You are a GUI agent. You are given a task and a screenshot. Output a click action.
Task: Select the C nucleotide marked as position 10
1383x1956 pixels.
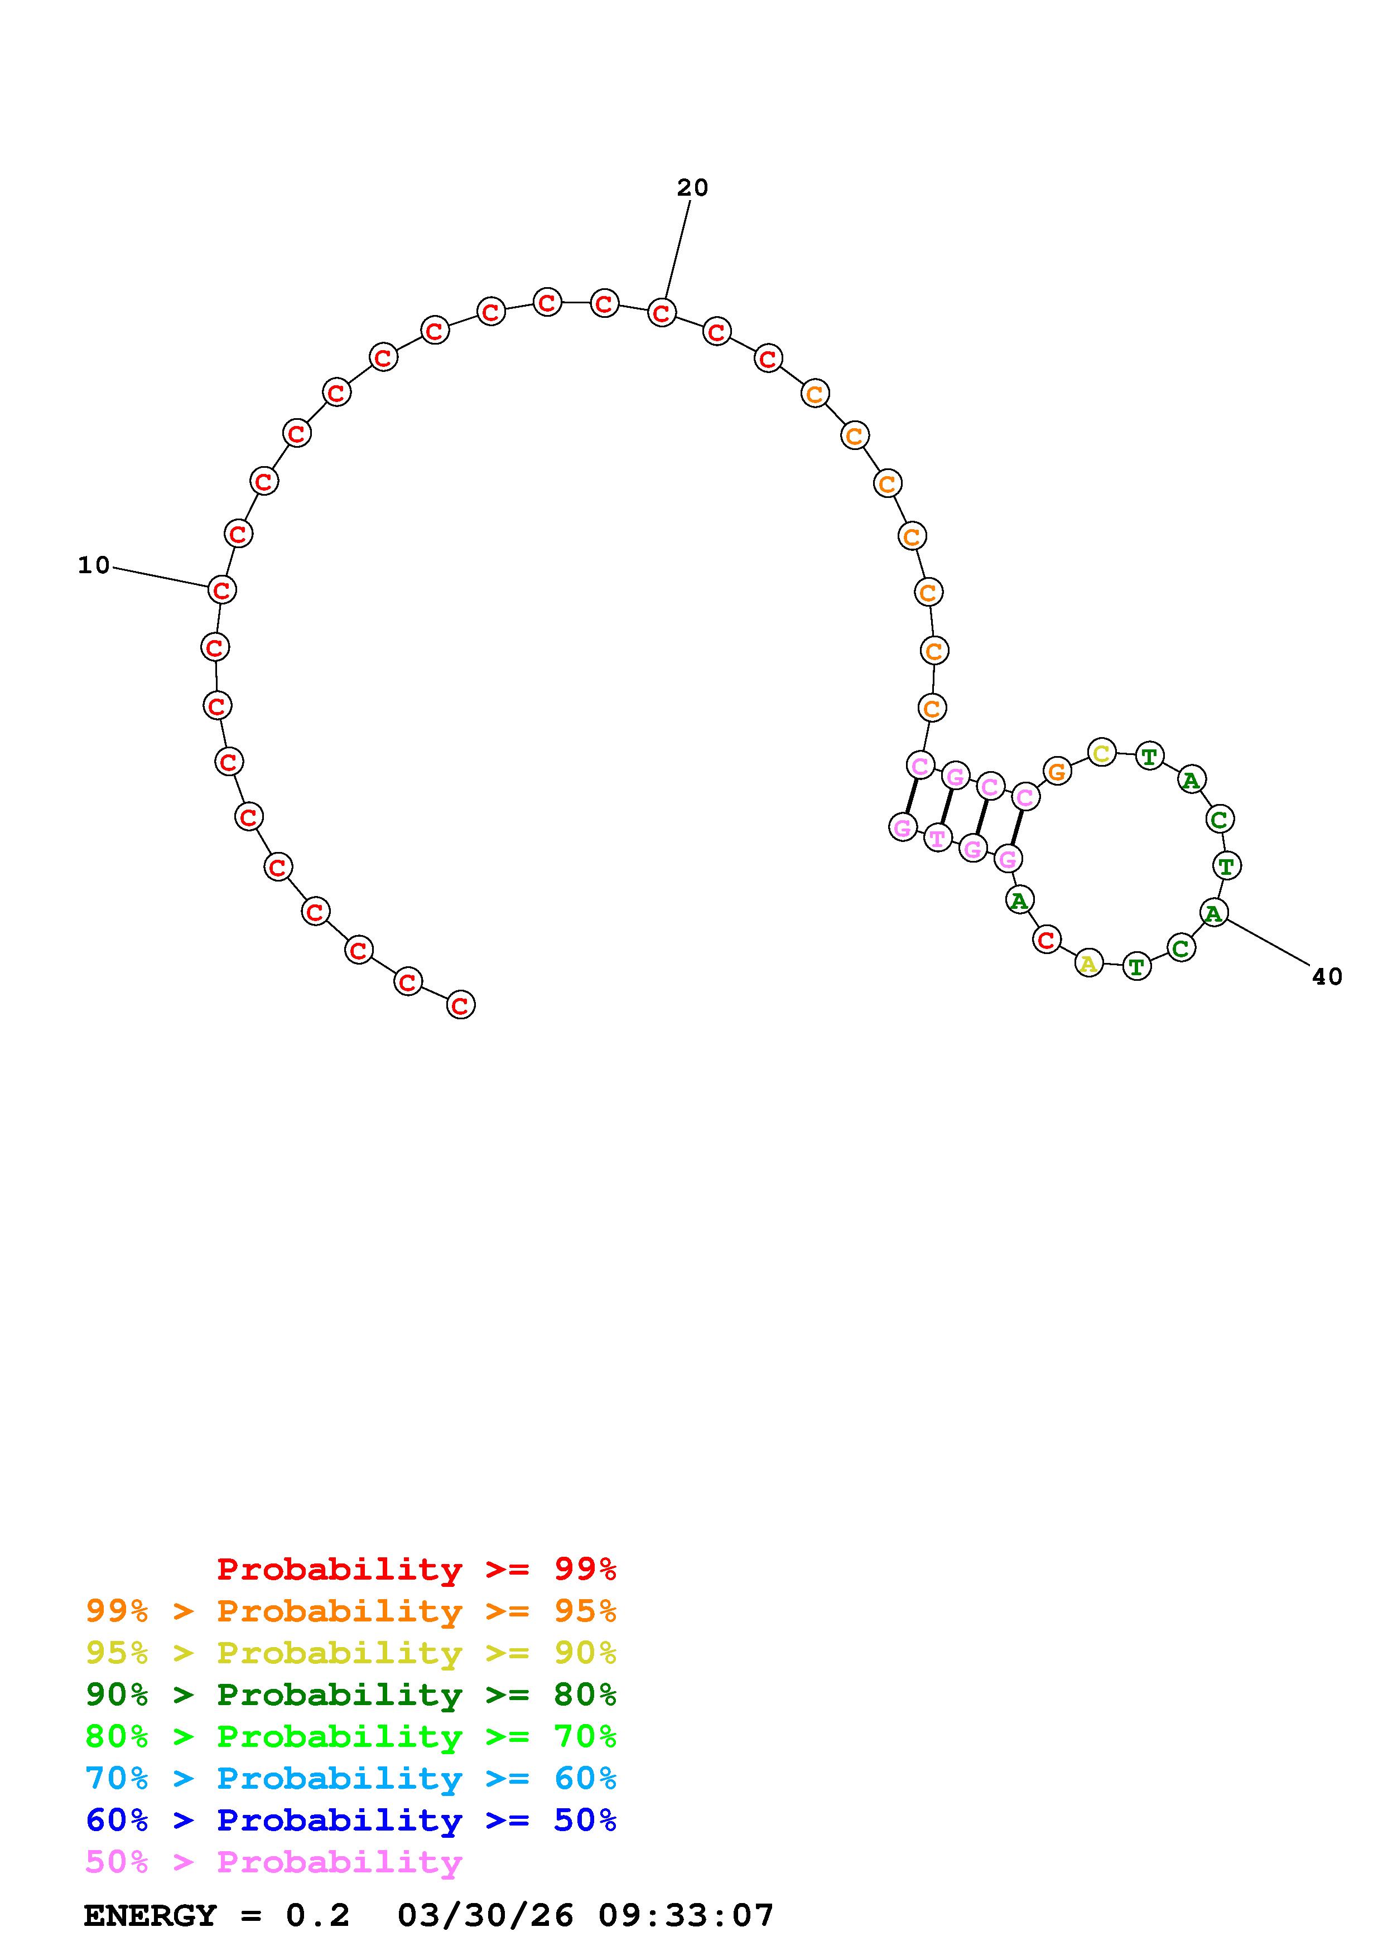221,589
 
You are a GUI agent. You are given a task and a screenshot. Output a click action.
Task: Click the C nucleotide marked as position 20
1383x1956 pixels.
661,313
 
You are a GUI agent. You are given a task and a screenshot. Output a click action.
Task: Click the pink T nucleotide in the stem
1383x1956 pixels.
937,838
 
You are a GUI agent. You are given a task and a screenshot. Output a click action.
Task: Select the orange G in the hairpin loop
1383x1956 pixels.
1057,772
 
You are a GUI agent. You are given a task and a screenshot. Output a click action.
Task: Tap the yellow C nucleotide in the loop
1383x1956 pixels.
1102,753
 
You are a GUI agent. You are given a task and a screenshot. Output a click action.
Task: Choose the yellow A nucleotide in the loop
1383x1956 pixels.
1088,965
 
